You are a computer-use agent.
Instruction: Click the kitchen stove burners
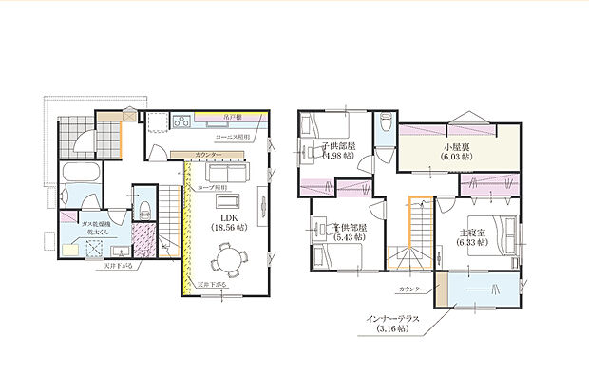(x=182, y=121)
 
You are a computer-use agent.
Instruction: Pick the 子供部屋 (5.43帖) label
(x=349, y=233)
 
